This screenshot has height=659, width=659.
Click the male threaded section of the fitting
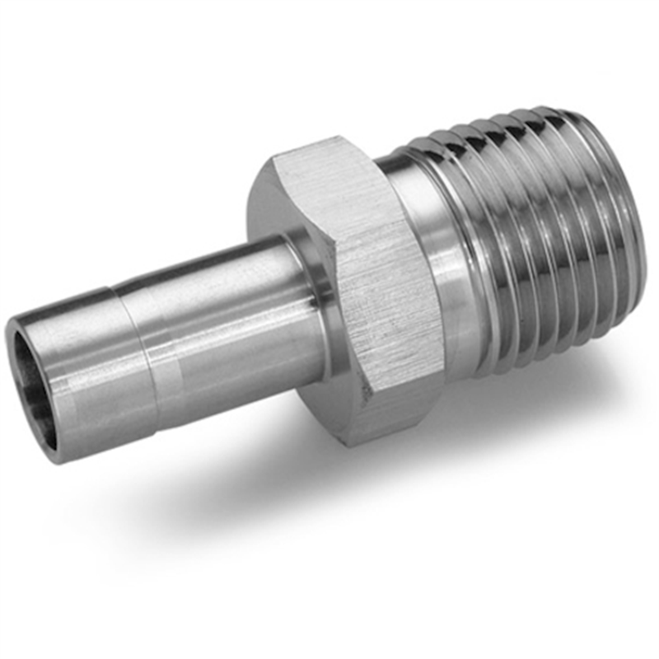(544, 231)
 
